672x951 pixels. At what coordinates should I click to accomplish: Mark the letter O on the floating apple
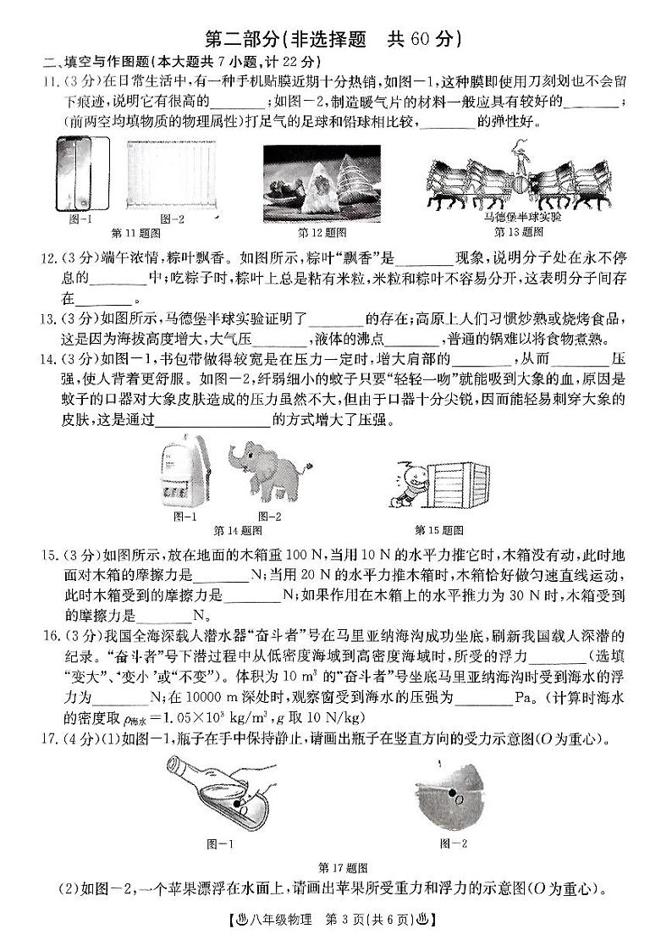[458, 799]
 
